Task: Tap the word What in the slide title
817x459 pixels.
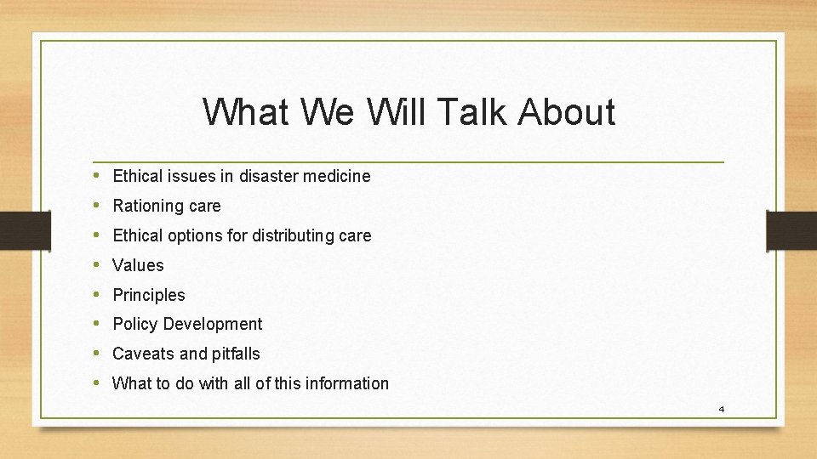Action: [x=246, y=112]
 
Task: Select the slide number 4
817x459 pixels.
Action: [x=721, y=409]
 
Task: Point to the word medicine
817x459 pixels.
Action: [x=338, y=177]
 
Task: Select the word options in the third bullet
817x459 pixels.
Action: [x=195, y=235]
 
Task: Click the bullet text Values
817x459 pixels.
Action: [x=138, y=265]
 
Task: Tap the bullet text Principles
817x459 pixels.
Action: [x=149, y=295]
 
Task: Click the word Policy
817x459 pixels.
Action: [x=134, y=324]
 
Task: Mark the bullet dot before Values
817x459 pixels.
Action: [x=98, y=265]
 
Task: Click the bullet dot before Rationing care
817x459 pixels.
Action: [x=98, y=206]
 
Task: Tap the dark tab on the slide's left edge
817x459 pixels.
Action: [x=14, y=230]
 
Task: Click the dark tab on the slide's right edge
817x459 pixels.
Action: [x=791, y=230]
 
